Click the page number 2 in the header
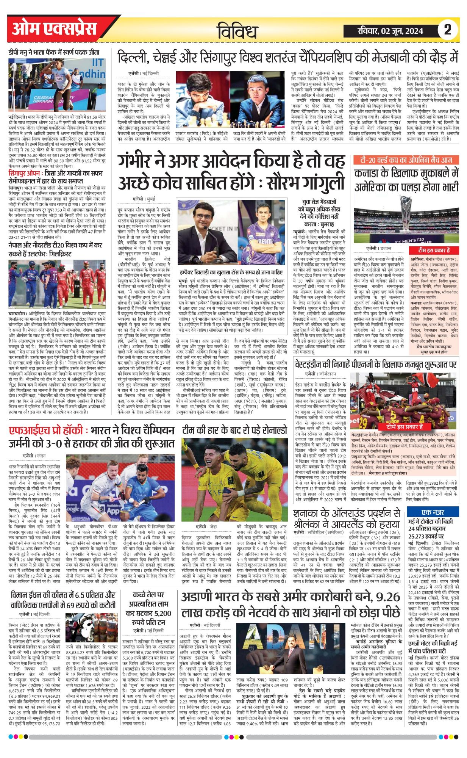(x=447, y=30)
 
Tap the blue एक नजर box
(x=433, y=512)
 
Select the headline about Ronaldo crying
(x=234, y=430)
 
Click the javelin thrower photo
(x=57, y=85)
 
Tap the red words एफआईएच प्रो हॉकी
(x=45, y=431)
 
